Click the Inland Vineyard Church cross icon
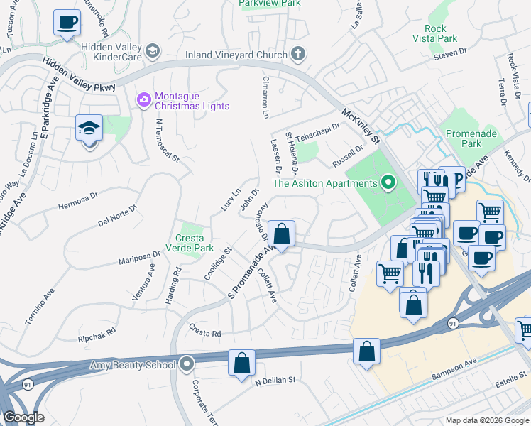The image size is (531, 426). pyautogui.click(x=297, y=54)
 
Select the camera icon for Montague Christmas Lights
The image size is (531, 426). pyautogui.click(x=144, y=99)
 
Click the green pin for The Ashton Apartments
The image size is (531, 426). pyautogui.click(x=388, y=183)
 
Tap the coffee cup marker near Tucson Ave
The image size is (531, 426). pyautogui.click(x=67, y=23)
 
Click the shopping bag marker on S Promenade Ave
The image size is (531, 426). pyautogui.click(x=282, y=233)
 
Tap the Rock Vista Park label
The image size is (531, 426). pyautogui.click(x=440, y=33)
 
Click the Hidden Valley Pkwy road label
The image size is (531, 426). pyautogui.click(x=77, y=74)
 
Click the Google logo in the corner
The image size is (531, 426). pyautogui.click(x=23, y=417)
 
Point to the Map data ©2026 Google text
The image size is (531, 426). pyautogui.click(x=486, y=420)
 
